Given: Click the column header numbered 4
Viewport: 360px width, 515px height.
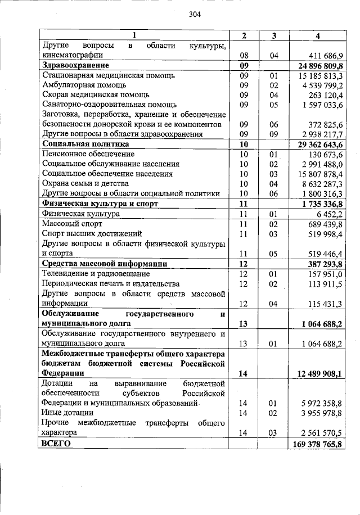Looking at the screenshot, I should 318,36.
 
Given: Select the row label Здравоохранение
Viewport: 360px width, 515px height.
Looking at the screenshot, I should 75,66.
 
